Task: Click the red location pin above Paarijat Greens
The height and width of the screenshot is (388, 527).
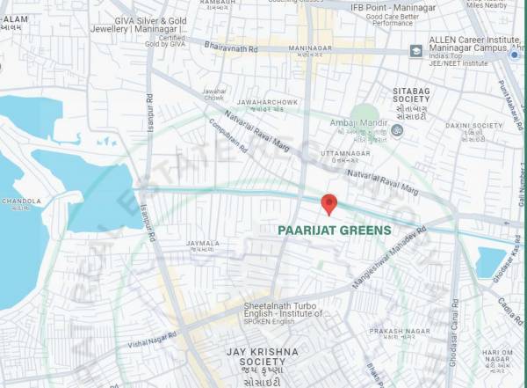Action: (x=329, y=204)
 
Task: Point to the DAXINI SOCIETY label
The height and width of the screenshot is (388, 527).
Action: (x=474, y=126)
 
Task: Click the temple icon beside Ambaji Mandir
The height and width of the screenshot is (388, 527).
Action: (x=396, y=130)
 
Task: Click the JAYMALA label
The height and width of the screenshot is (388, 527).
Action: (x=202, y=244)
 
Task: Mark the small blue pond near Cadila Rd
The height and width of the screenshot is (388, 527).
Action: (x=490, y=260)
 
